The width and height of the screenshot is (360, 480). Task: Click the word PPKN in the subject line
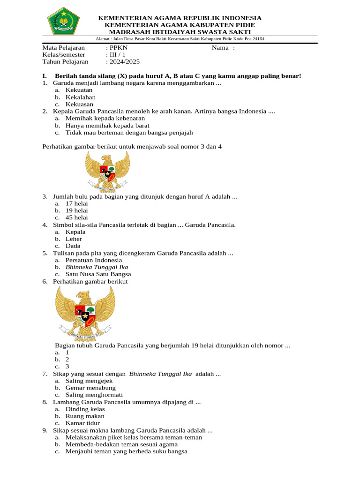[119, 47]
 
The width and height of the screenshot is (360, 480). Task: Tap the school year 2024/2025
[124, 61]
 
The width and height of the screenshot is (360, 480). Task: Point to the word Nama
[220, 47]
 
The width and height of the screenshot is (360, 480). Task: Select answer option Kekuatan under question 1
[79, 90]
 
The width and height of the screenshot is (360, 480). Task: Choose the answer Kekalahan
[81, 97]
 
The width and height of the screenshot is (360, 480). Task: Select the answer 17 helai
[77, 203]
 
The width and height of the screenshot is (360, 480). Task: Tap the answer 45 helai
[77, 217]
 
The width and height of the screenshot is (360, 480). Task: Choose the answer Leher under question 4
[74, 239]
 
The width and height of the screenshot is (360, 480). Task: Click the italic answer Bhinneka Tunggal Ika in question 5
[97, 267]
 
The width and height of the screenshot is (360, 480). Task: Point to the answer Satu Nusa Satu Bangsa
[98, 274]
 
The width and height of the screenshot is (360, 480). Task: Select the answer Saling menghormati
[94, 395]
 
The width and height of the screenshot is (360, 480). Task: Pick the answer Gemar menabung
[90, 388]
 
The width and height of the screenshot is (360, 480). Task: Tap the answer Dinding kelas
[85, 409]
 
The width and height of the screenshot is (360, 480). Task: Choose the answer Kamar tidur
[82, 423]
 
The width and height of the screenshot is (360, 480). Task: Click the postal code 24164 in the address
[256, 39]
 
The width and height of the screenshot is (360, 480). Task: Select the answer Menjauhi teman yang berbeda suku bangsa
[127, 451]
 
